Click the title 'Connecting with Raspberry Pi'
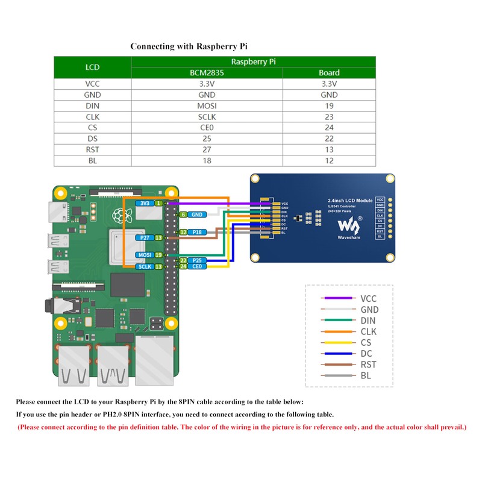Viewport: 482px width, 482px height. tap(189, 46)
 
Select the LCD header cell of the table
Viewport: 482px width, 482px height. tap(93, 67)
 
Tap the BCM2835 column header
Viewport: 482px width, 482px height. tap(207, 73)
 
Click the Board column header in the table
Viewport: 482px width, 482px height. tap(329, 73)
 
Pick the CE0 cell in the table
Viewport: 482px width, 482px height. tap(207, 128)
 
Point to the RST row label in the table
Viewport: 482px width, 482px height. tap(93, 150)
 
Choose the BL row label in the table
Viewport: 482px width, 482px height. tap(93, 161)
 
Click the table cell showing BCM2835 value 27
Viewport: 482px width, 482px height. tap(207, 150)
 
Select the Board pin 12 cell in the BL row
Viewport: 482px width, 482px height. tap(329, 161)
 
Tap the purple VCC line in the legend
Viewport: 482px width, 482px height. tap(339, 298)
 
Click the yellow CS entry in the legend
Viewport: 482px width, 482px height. tap(339, 343)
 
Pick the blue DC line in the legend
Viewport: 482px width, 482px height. tap(339, 354)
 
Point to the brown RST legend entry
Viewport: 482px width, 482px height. tap(339, 365)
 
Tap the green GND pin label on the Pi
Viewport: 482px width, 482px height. tap(196, 214)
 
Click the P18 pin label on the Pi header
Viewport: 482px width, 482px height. tap(196, 232)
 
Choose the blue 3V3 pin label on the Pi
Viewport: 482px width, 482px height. tap(145, 204)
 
